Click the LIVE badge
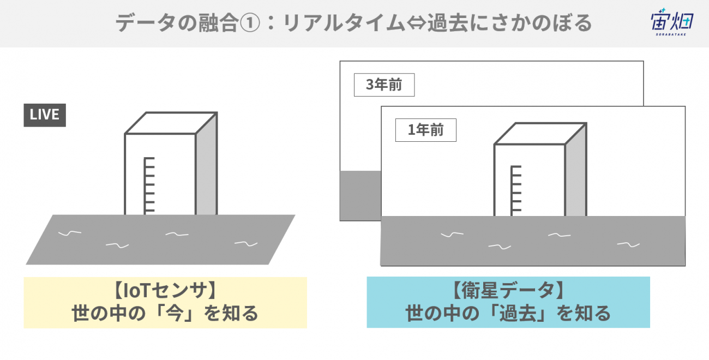click(x=45, y=115)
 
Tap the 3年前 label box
click(x=384, y=85)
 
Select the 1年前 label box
click(x=426, y=130)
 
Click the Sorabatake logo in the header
click(x=672, y=22)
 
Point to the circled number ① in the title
click(x=250, y=23)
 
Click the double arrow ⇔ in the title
click(x=416, y=23)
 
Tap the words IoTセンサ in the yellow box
click(x=165, y=291)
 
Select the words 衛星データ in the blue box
click(x=508, y=290)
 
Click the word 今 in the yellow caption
click(x=175, y=314)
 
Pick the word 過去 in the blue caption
click(x=518, y=314)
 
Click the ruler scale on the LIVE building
click(x=149, y=186)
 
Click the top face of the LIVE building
click(x=171, y=123)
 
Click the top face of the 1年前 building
click(x=540, y=134)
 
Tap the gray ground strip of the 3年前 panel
click(x=360, y=196)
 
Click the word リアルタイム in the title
click(x=344, y=23)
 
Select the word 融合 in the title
click(x=218, y=23)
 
